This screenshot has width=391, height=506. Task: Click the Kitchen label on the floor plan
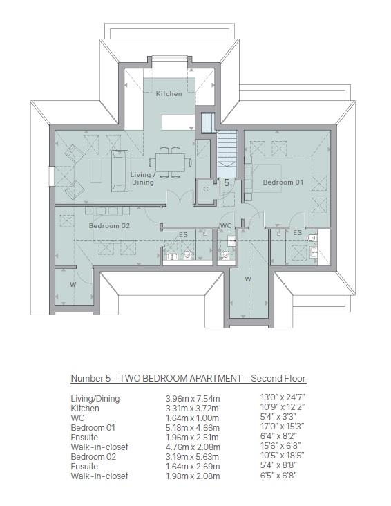(169, 93)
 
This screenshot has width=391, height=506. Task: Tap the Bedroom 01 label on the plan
(283, 182)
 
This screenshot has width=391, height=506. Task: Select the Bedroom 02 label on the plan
(109, 225)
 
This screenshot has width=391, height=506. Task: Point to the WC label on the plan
(226, 226)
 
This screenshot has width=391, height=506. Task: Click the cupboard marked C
(206, 189)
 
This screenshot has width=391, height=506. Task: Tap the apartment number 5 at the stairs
(227, 182)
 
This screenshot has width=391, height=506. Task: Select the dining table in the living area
(171, 162)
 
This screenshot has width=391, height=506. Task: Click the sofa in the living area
(120, 171)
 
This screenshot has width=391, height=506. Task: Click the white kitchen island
(178, 122)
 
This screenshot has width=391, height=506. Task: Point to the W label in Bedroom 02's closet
(73, 284)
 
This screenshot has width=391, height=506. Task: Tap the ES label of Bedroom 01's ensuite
(297, 232)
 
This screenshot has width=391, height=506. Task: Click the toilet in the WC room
(226, 254)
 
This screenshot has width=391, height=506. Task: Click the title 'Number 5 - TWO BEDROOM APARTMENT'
(156, 378)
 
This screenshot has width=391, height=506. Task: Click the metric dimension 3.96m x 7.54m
(193, 399)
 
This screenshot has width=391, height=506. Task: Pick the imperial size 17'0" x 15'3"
(283, 427)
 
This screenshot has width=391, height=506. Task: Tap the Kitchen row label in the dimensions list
(85, 409)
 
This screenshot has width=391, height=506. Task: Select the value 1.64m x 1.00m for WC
(192, 418)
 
